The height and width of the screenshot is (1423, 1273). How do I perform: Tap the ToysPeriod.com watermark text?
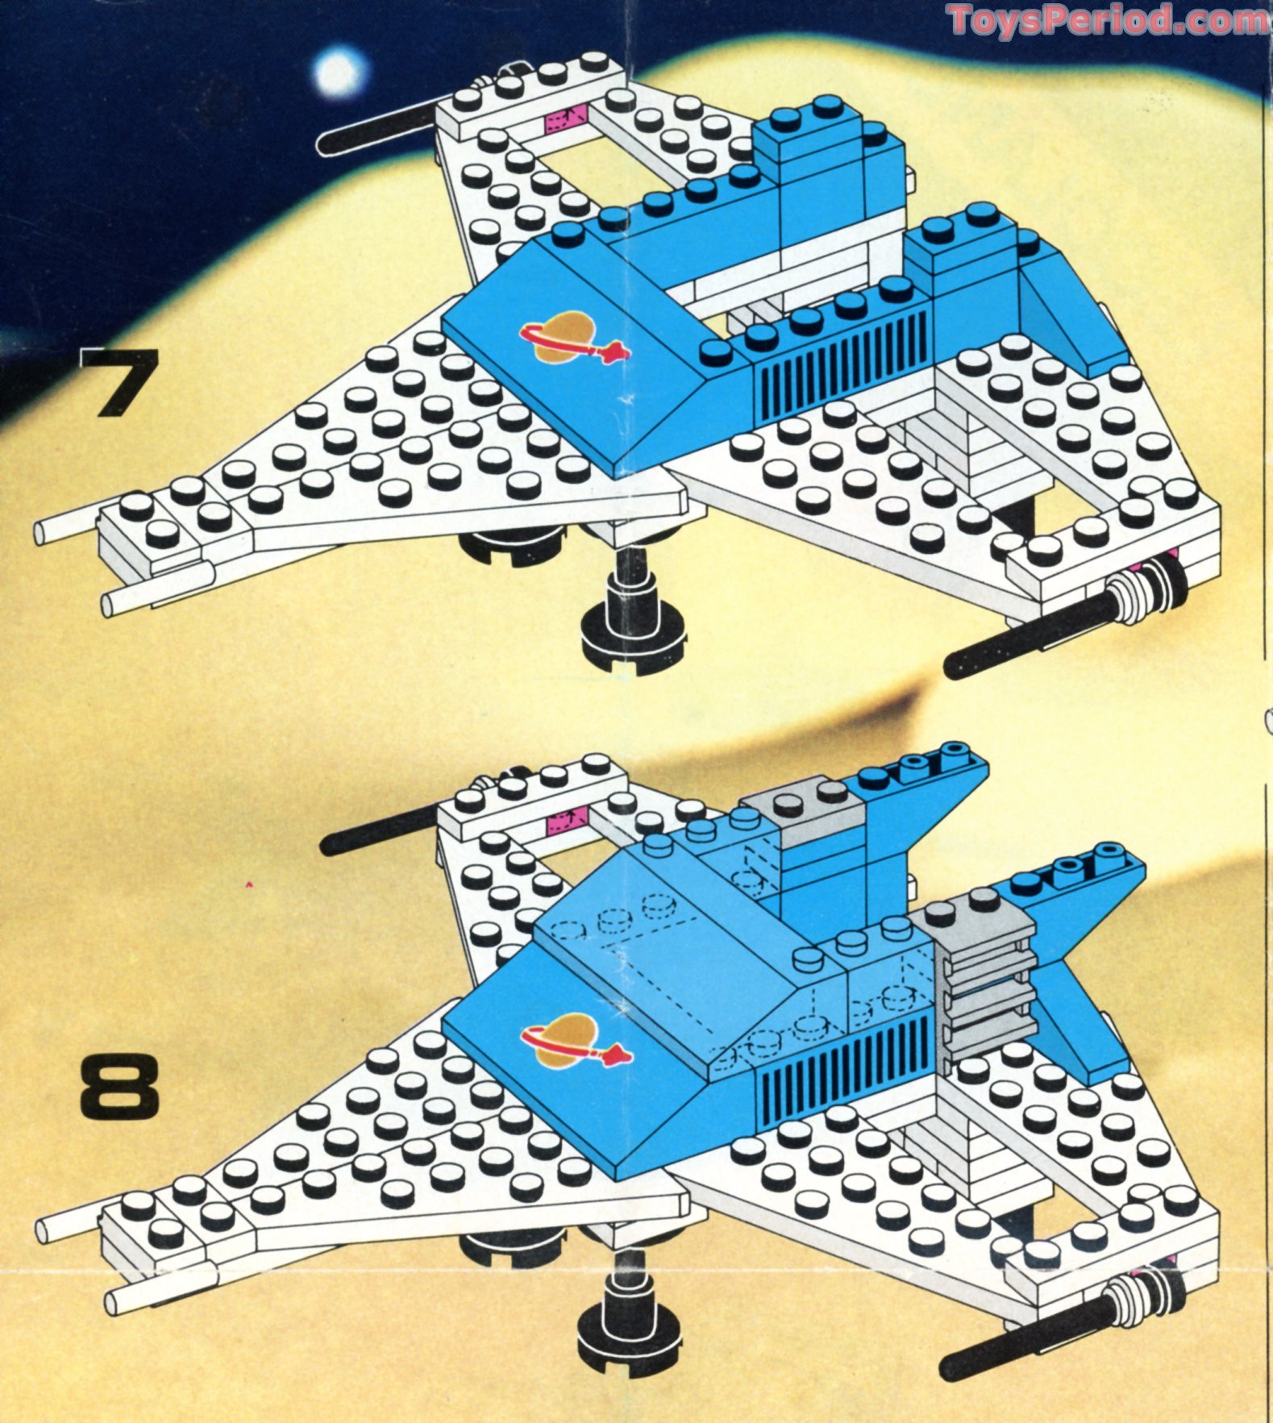(x=1109, y=19)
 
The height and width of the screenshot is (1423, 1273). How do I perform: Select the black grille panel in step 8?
(x=847, y=1064)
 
